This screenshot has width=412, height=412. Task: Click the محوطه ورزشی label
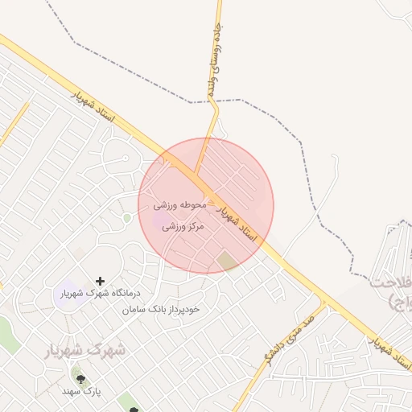pyautogui.click(x=180, y=205)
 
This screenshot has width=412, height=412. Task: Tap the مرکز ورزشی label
pyautogui.click(x=184, y=228)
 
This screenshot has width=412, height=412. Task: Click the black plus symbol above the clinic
pyautogui.click(x=100, y=281)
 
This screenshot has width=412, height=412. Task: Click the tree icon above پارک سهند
pyautogui.click(x=79, y=375)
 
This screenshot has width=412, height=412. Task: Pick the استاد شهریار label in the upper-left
pyautogui.click(x=94, y=107)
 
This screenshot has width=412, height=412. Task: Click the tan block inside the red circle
pyautogui.click(x=228, y=260)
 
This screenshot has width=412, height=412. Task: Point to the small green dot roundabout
pyautogui.click(x=126, y=218)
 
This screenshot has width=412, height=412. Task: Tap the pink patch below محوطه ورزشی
pyautogui.click(x=162, y=220)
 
